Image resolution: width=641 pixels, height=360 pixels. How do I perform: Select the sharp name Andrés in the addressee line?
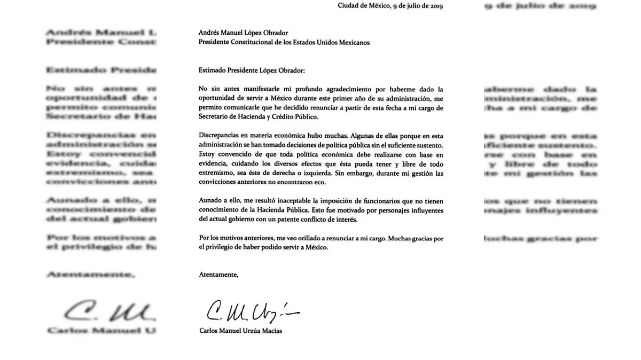click(x=209, y=33)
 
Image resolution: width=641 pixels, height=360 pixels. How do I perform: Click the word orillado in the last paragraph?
click(x=288, y=238)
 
